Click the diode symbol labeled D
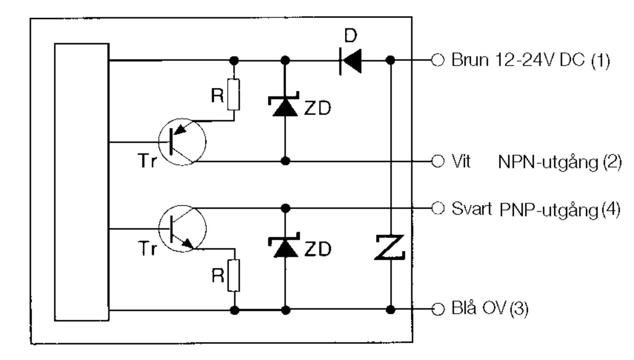click(x=350, y=60)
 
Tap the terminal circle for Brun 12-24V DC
click(x=437, y=60)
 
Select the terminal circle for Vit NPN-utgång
click(x=437, y=161)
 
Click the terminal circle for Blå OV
click(x=437, y=309)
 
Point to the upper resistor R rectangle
click(x=233, y=95)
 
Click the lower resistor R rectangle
click(x=234, y=275)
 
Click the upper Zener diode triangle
click(x=285, y=107)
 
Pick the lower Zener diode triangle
click(x=285, y=248)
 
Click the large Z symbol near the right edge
click(x=390, y=247)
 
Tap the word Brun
click(x=470, y=60)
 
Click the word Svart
click(x=472, y=209)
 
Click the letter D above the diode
click(x=351, y=35)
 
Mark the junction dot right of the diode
click(x=390, y=60)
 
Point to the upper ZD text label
click(x=317, y=108)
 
